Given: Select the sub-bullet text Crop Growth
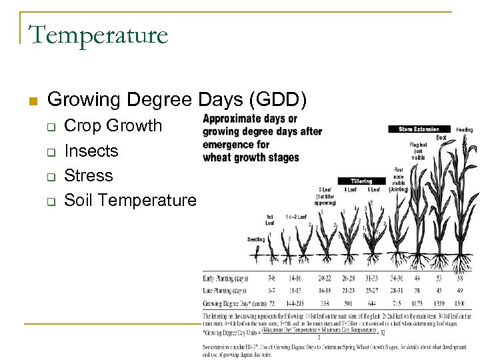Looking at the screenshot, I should click(x=113, y=125).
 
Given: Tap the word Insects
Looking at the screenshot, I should click(x=91, y=151).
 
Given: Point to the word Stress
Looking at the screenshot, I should click(x=88, y=175).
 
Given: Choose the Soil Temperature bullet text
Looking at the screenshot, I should click(x=130, y=200).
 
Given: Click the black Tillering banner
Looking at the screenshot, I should click(x=361, y=181).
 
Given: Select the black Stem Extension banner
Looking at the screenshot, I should click(x=418, y=129).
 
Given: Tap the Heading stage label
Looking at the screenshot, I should click(x=465, y=129).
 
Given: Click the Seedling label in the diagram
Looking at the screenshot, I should click(x=256, y=239).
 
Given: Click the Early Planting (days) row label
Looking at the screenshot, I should click(x=225, y=277).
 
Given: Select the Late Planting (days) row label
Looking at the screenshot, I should click(x=224, y=291).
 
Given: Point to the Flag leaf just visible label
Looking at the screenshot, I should click(x=418, y=151).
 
